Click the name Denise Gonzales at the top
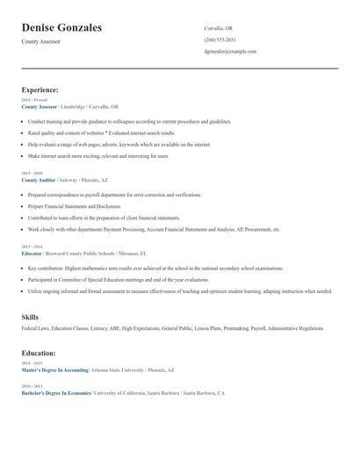pyautogui.click(x=61, y=28)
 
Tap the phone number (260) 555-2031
pyautogui.click(x=220, y=39)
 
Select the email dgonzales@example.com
pyautogui.click(x=230, y=51)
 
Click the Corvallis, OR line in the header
pyautogui.click(x=218, y=28)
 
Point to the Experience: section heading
pyautogui.click(x=40, y=89)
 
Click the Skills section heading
pyautogui.click(x=30, y=316)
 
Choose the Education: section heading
pyautogui.click(x=39, y=353)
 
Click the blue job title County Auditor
pyautogui.click(x=39, y=179)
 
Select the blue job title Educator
pyautogui.click(x=32, y=252)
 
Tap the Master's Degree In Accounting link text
pyautogui.click(x=55, y=370)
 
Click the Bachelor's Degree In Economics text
pyautogui.click(x=56, y=393)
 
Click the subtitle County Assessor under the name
pyautogui.click(x=40, y=41)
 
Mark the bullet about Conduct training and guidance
pyautogui.click(x=129, y=121)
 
